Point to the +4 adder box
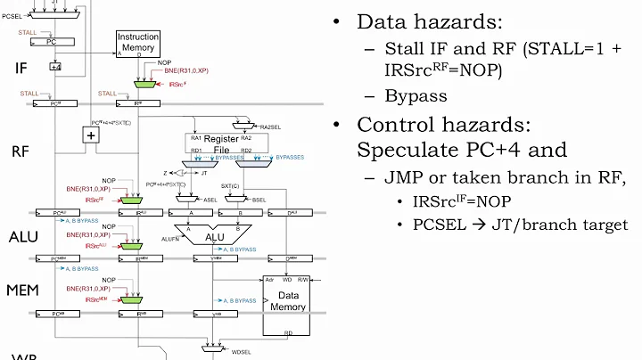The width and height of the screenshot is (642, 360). (55, 66)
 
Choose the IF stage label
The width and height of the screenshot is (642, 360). (21, 67)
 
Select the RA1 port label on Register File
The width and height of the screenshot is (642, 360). (194, 138)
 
